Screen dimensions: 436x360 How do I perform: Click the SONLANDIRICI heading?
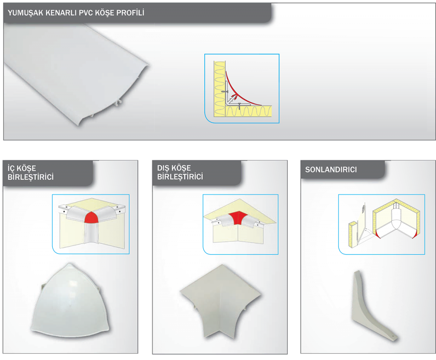(x=331, y=170)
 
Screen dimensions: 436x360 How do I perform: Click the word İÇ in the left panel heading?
(x=11, y=168)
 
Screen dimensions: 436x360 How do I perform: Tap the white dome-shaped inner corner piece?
(x=71, y=301)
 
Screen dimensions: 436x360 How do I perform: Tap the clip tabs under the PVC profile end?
(x=118, y=103)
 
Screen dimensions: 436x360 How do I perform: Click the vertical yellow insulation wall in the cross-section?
(x=220, y=89)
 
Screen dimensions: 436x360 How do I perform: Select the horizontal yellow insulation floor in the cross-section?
(x=248, y=111)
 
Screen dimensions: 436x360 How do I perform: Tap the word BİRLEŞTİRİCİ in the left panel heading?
(x=31, y=177)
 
